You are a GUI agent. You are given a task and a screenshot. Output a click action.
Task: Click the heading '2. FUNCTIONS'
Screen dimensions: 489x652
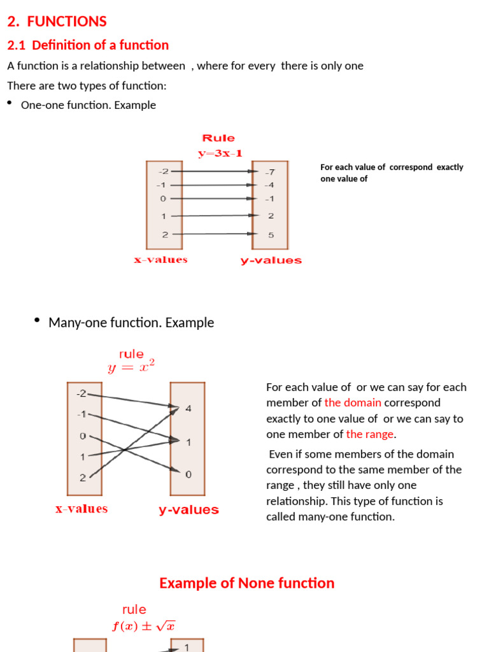(x=57, y=22)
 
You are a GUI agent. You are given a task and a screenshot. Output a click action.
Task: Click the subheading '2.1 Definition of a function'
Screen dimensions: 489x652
(x=87, y=45)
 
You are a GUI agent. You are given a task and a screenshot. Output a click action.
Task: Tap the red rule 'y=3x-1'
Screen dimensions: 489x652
(x=220, y=153)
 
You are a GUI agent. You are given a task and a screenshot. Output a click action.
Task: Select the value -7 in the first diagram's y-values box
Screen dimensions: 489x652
(x=270, y=172)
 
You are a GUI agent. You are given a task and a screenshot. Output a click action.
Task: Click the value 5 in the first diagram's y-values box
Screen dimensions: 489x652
(x=271, y=234)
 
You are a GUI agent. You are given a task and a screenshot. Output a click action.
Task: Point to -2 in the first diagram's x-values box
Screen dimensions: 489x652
(x=164, y=171)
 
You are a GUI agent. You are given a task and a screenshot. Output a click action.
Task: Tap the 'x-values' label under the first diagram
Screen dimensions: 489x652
(x=160, y=260)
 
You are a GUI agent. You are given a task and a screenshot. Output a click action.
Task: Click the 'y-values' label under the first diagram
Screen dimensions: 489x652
(x=271, y=260)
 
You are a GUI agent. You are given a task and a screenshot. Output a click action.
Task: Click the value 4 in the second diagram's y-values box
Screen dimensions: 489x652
(x=188, y=408)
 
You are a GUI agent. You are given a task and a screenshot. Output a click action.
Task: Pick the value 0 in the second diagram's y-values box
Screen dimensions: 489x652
(x=188, y=474)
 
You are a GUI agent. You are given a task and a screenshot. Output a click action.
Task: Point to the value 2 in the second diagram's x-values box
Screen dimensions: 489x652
(x=82, y=478)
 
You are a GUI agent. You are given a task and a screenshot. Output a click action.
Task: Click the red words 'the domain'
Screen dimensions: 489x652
(x=353, y=402)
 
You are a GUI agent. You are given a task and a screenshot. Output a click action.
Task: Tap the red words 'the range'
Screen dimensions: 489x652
(x=370, y=434)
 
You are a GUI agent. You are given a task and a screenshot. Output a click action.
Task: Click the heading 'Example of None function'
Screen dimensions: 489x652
(x=246, y=583)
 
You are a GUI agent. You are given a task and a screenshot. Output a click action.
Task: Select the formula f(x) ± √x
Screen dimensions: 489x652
(x=144, y=626)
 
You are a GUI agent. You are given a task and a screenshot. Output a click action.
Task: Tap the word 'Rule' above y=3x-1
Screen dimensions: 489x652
(x=218, y=138)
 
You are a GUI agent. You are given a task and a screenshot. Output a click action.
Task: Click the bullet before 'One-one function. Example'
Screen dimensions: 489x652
(x=10, y=103)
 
